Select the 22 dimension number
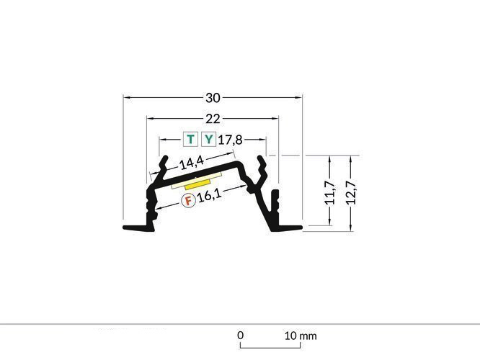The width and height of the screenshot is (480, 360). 213,119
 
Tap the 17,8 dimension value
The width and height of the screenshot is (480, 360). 229,140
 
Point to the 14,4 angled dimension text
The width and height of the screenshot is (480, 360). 188,163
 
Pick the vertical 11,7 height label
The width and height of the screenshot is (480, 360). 329,194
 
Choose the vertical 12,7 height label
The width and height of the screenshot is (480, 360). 351,194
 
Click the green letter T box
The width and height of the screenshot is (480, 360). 190,140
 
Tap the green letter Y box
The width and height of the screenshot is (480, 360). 208,140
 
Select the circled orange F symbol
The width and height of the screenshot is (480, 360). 187,200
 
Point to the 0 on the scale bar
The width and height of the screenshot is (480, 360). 241,336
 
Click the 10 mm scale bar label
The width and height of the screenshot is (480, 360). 301,336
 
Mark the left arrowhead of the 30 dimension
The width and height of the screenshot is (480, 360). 126,96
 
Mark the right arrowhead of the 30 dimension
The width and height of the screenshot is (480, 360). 299,96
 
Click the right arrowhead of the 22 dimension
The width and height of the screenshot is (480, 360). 277,117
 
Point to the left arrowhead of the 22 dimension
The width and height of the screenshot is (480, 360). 149,117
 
